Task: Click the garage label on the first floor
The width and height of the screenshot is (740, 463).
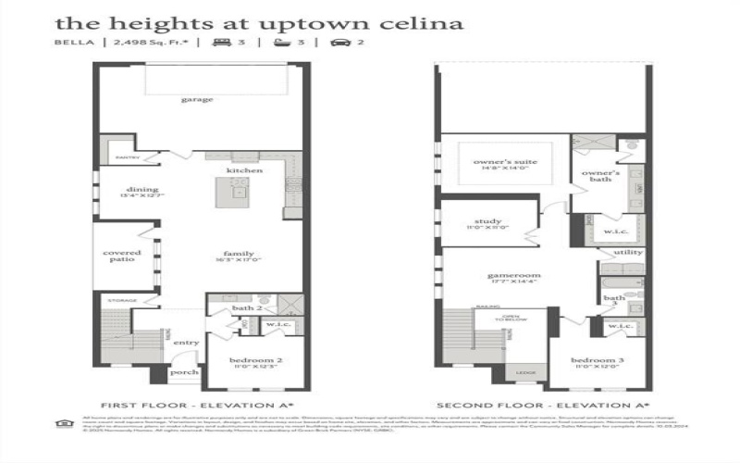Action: [x=197, y=99]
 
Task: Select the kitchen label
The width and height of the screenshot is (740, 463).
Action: [x=245, y=171]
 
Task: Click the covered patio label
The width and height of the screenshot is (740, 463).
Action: [x=122, y=256]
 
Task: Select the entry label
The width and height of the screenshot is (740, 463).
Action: [x=186, y=343]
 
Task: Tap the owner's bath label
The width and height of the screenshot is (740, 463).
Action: [x=598, y=176]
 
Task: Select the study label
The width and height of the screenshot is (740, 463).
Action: [x=487, y=222]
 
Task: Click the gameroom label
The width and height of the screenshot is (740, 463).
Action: [x=514, y=276]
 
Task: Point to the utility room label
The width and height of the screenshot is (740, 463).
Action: [x=628, y=251]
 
